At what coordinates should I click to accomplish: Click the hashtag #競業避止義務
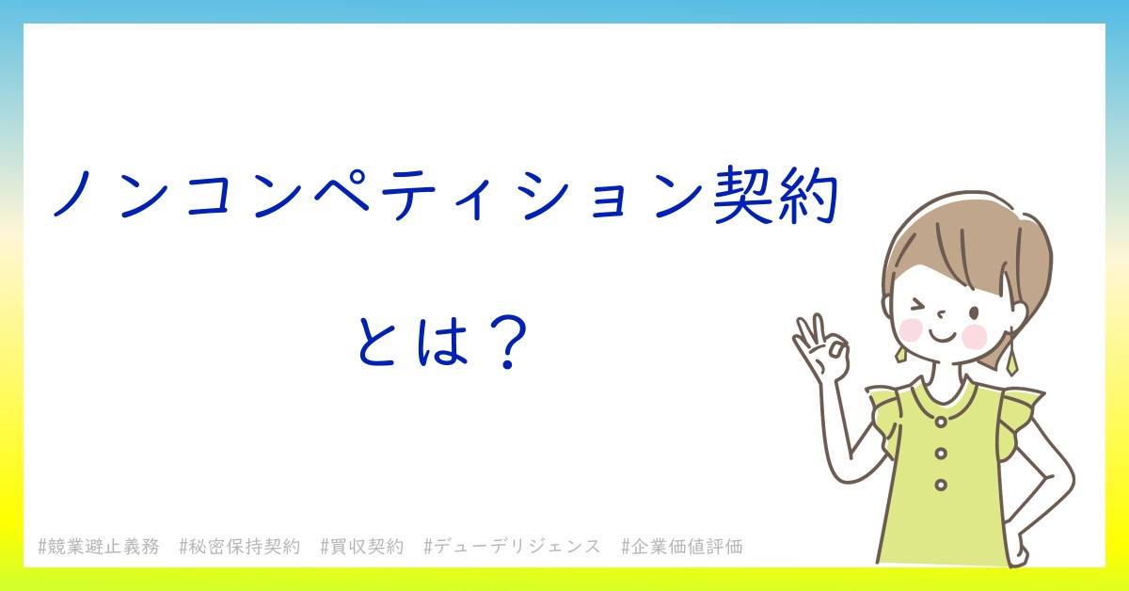point(99,547)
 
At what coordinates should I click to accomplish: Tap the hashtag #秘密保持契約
point(239,547)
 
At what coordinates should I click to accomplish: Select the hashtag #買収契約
point(362,547)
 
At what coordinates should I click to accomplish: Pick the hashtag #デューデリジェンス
point(512,547)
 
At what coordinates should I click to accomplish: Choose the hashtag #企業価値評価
point(682,547)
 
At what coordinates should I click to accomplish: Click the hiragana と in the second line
point(376,342)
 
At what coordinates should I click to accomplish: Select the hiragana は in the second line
point(442,341)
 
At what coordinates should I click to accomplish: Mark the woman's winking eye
point(918,306)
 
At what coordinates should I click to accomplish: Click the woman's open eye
point(974,313)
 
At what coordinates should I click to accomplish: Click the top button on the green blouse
point(941,422)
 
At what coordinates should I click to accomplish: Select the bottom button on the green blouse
point(941,485)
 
